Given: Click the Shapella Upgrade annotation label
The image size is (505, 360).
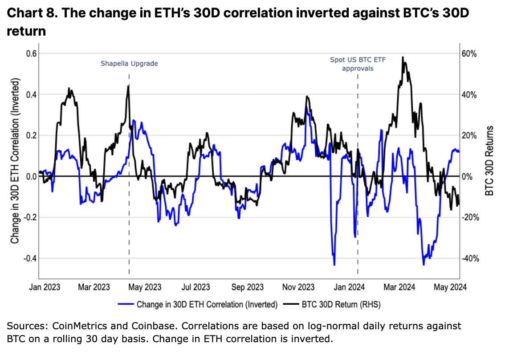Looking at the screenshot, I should (129, 64).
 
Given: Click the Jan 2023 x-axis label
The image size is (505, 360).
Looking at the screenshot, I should (46, 287).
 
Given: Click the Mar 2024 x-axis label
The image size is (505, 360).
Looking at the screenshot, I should (400, 287).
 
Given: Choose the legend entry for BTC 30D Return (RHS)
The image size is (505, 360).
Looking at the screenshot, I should (334, 305).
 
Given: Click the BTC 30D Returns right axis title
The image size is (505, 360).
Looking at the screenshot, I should (490, 161).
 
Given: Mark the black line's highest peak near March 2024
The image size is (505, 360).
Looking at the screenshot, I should (403, 57).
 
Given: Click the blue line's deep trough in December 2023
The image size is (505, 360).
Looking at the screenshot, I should (334, 265).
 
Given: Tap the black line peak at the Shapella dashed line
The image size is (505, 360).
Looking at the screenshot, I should (128, 86).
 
